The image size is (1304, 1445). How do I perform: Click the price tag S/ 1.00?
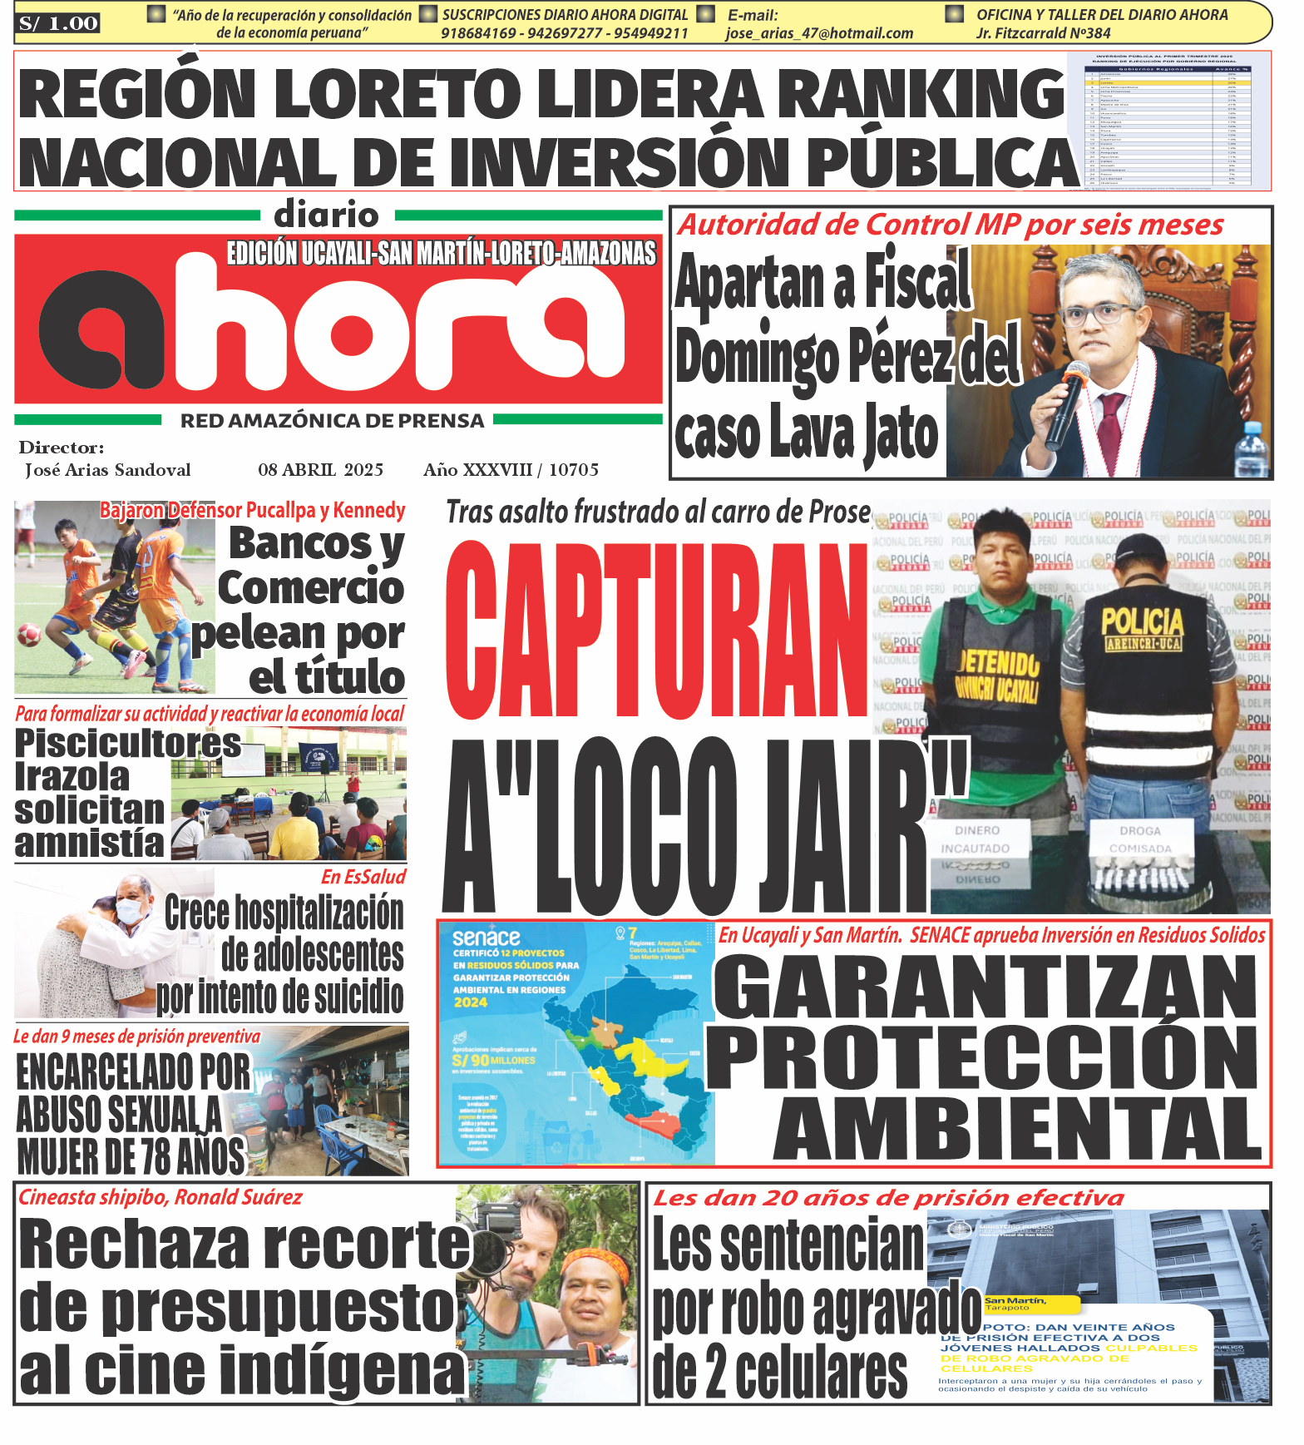click(x=58, y=23)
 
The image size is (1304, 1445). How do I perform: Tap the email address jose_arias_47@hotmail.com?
click(x=819, y=33)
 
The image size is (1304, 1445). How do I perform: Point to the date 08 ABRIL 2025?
click(x=320, y=470)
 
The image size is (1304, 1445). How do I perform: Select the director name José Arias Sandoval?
click(x=108, y=470)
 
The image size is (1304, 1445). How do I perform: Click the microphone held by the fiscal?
click(x=1069, y=399)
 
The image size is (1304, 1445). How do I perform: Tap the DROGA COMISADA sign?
click(x=1139, y=839)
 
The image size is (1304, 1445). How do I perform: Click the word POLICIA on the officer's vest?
click(x=1142, y=621)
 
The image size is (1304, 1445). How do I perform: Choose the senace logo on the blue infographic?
click(x=487, y=938)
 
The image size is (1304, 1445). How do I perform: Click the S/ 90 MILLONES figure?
click(x=494, y=1061)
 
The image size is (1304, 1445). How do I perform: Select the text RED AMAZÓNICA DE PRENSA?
click(x=333, y=421)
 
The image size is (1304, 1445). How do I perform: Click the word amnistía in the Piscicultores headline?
click(x=90, y=844)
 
